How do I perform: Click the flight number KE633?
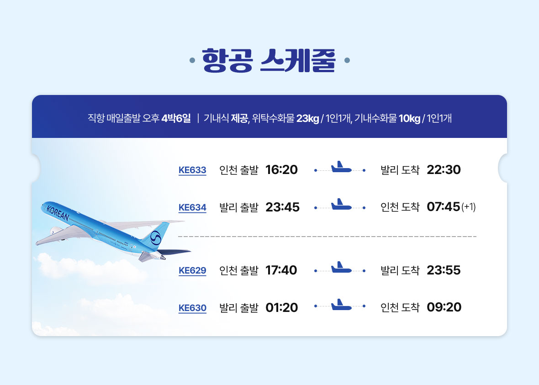[x=192, y=170]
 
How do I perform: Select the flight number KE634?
[x=192, y=207]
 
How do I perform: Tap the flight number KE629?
[x=192, y=270]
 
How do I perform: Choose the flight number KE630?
[x=192, y=308]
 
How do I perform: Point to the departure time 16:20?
[x=281, y=169]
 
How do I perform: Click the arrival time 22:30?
[x=444, y=169]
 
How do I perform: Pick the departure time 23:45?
[x=283, y=207]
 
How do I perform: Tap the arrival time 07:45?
[x=443, y=206]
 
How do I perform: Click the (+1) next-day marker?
[x=469, y=206]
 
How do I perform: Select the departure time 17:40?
[x=281, y=270]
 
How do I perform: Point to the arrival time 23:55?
[x=444, y=270]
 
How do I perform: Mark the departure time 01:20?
[x=281, y=307]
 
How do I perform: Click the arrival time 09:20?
[x=444, y=307]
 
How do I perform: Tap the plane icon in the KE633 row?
[x=341, y=167]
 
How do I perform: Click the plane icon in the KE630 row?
[x=341, y=305]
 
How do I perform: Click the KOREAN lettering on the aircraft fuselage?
[x=58, y=213]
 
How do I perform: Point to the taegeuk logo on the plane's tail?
[x=156, y=237]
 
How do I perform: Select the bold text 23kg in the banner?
[x=308, y=118]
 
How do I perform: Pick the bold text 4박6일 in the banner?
[x=176, y=118]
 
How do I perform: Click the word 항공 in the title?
[x=227, y=60]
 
